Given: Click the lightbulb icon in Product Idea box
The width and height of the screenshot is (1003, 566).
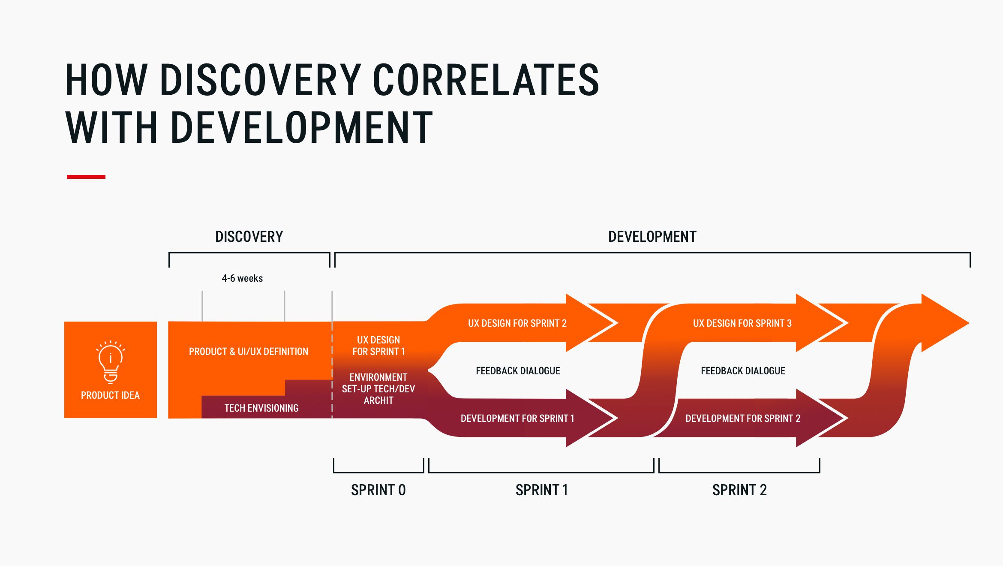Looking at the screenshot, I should pyautogui.click(x=111, y=362).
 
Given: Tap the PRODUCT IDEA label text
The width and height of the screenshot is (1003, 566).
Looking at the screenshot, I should pyautogui.click(x=110, y=395).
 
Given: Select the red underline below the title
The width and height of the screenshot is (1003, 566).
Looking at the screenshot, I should pyautogui.click(x=86, y=177).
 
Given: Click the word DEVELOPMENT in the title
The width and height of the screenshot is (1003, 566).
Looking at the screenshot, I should pyautogui.click(x=302, y=128).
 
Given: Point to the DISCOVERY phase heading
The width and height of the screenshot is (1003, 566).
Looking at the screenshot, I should pyautogui.click(x=249, y=237).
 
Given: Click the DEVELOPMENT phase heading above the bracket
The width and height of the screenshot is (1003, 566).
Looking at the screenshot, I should pyautogui.click(x=652, y=237).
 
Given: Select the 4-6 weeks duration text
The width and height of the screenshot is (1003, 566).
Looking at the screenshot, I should pyautogui.click(x=242, y=278).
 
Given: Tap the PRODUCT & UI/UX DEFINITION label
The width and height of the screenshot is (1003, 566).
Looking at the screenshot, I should pyautogui.click(x=248, y=352).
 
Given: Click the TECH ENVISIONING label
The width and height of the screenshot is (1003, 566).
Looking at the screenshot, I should pyautogui.click(x=261, y=408).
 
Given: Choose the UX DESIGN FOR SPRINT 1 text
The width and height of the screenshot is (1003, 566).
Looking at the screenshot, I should pyautogui.click(x=378, y=346).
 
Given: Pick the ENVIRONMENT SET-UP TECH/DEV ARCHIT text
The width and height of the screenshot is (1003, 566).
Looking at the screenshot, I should pyautogui.click(x=378, y=389).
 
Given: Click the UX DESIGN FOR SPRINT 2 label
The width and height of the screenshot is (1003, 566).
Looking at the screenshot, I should pyautogui.click(x=517, y=323).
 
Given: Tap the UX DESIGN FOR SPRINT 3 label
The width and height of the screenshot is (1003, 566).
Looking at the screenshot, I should pyautogui.click(x=742, y=323).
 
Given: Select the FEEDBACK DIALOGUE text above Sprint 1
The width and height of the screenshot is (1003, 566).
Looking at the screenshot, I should pyautogui.click(x=518, y=371).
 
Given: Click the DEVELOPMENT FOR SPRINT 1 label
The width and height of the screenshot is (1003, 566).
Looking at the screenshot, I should pyautogui.click(x=517, y=418).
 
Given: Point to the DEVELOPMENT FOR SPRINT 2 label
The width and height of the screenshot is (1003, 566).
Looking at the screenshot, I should pyautogui.click(x=742, y=418).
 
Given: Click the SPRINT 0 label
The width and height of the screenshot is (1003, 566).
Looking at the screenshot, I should pyautogui.click(x=378, y=490).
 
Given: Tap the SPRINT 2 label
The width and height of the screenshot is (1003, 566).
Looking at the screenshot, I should pyautogui.click(x=739, y=490).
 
